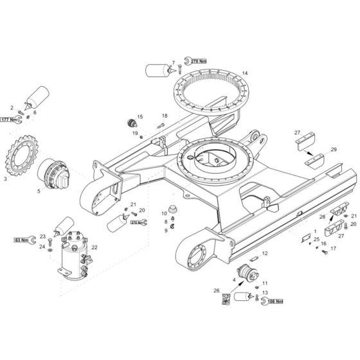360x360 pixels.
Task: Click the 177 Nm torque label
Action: pos(9,120)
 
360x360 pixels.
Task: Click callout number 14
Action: pos(245,73)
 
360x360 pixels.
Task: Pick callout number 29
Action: pos(334,149)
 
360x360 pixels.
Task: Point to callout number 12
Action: pos(264,254)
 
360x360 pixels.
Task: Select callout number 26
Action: pos(217,291)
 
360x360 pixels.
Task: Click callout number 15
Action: pos(139,116)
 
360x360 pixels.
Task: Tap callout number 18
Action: pos(165,116)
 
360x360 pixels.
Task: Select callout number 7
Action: pos(173,62)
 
